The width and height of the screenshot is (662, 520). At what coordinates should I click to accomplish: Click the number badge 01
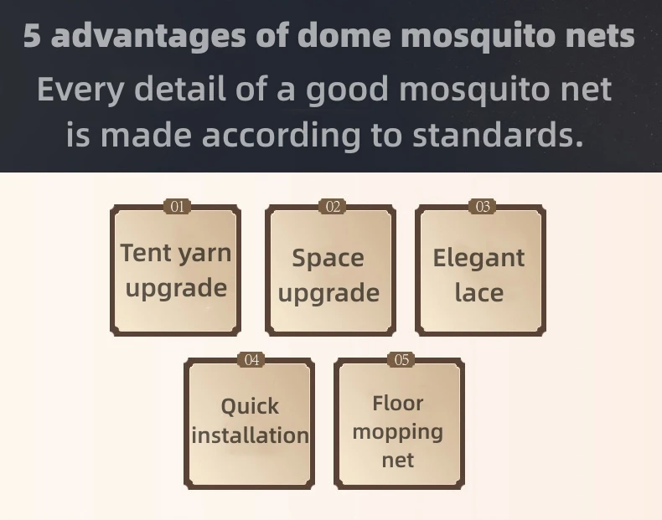coord(178,207)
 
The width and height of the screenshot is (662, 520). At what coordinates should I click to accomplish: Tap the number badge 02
coord(333,207)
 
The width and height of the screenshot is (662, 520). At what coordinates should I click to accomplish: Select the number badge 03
coord(483,207)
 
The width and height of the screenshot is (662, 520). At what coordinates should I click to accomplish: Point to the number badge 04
coord(251,360)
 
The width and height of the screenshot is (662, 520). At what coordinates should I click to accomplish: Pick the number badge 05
coord(401,360)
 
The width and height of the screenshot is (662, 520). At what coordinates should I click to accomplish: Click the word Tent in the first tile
coord(147,253)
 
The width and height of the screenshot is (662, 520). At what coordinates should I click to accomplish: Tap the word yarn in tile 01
coord(204,255)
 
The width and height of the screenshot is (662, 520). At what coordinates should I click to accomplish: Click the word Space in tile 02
coord(328,258)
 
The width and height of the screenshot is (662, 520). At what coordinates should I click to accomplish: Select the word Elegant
coord(478,258)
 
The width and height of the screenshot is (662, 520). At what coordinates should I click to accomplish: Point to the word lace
coord(479,292)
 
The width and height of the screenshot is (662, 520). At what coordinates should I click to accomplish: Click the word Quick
coord(250,407)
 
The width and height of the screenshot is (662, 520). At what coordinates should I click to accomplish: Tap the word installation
coord(250,435)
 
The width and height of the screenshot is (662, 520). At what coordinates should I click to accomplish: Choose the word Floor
coord(398,403)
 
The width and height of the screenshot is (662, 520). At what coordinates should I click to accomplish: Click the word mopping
coord(398,433)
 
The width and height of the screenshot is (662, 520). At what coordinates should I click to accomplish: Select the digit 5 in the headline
coord(32,35)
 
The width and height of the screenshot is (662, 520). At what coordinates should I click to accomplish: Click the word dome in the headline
coord(346,35)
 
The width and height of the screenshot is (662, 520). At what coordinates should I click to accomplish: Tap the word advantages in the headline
coord(148,36)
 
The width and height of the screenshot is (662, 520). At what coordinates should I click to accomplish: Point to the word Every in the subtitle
coord(80,90)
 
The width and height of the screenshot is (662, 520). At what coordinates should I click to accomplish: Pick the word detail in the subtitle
coord(180,89)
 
